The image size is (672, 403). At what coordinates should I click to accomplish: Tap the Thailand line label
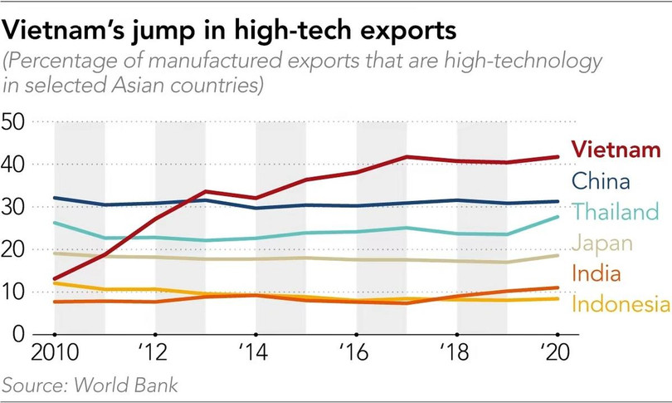click(615, 213)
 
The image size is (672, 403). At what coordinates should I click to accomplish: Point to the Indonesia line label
click(621, 304)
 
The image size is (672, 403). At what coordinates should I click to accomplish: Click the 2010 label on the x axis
click(56, 351)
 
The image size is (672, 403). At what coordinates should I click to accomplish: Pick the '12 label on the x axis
click(157, 351)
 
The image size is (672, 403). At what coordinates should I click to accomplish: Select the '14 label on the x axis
click(257, 351)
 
